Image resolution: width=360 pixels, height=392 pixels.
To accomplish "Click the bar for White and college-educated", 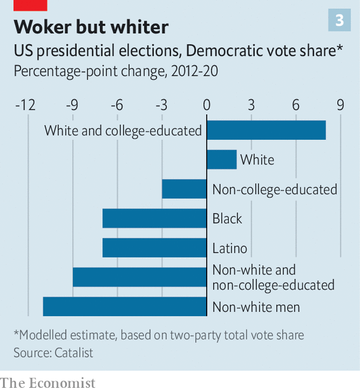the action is (266, 130).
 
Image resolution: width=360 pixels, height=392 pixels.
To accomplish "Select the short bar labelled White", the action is (222, 159).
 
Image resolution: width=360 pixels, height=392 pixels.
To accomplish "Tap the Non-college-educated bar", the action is (184, 189).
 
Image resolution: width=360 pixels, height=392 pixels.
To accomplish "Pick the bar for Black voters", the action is (155, 219).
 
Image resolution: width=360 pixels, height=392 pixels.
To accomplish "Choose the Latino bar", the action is (155, 248).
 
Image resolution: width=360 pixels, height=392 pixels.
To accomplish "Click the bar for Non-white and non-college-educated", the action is (140, 277).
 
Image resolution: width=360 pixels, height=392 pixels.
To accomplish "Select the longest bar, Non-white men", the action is (125, 307).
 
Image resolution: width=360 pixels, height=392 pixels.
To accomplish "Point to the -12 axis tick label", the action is (25, 105).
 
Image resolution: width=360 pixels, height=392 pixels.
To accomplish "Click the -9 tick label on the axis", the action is (72, 105).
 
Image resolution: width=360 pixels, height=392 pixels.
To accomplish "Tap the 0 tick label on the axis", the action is (207, 105).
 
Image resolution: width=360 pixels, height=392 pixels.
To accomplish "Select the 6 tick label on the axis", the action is (295, 105).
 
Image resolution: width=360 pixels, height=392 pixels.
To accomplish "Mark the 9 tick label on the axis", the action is (340, 105).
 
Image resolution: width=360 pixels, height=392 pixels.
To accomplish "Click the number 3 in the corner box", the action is (339, 20).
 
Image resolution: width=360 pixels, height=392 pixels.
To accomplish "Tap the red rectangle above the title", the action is (30, 5).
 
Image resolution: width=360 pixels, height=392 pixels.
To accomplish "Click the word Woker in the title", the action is (43, 27).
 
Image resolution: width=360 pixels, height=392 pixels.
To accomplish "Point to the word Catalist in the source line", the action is (74, 353).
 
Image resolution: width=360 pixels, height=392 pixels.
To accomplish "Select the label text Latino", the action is (230, 248).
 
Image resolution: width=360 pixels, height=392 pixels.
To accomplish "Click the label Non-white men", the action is (256, 307).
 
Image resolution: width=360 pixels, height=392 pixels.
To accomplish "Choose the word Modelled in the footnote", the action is (43, 335).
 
